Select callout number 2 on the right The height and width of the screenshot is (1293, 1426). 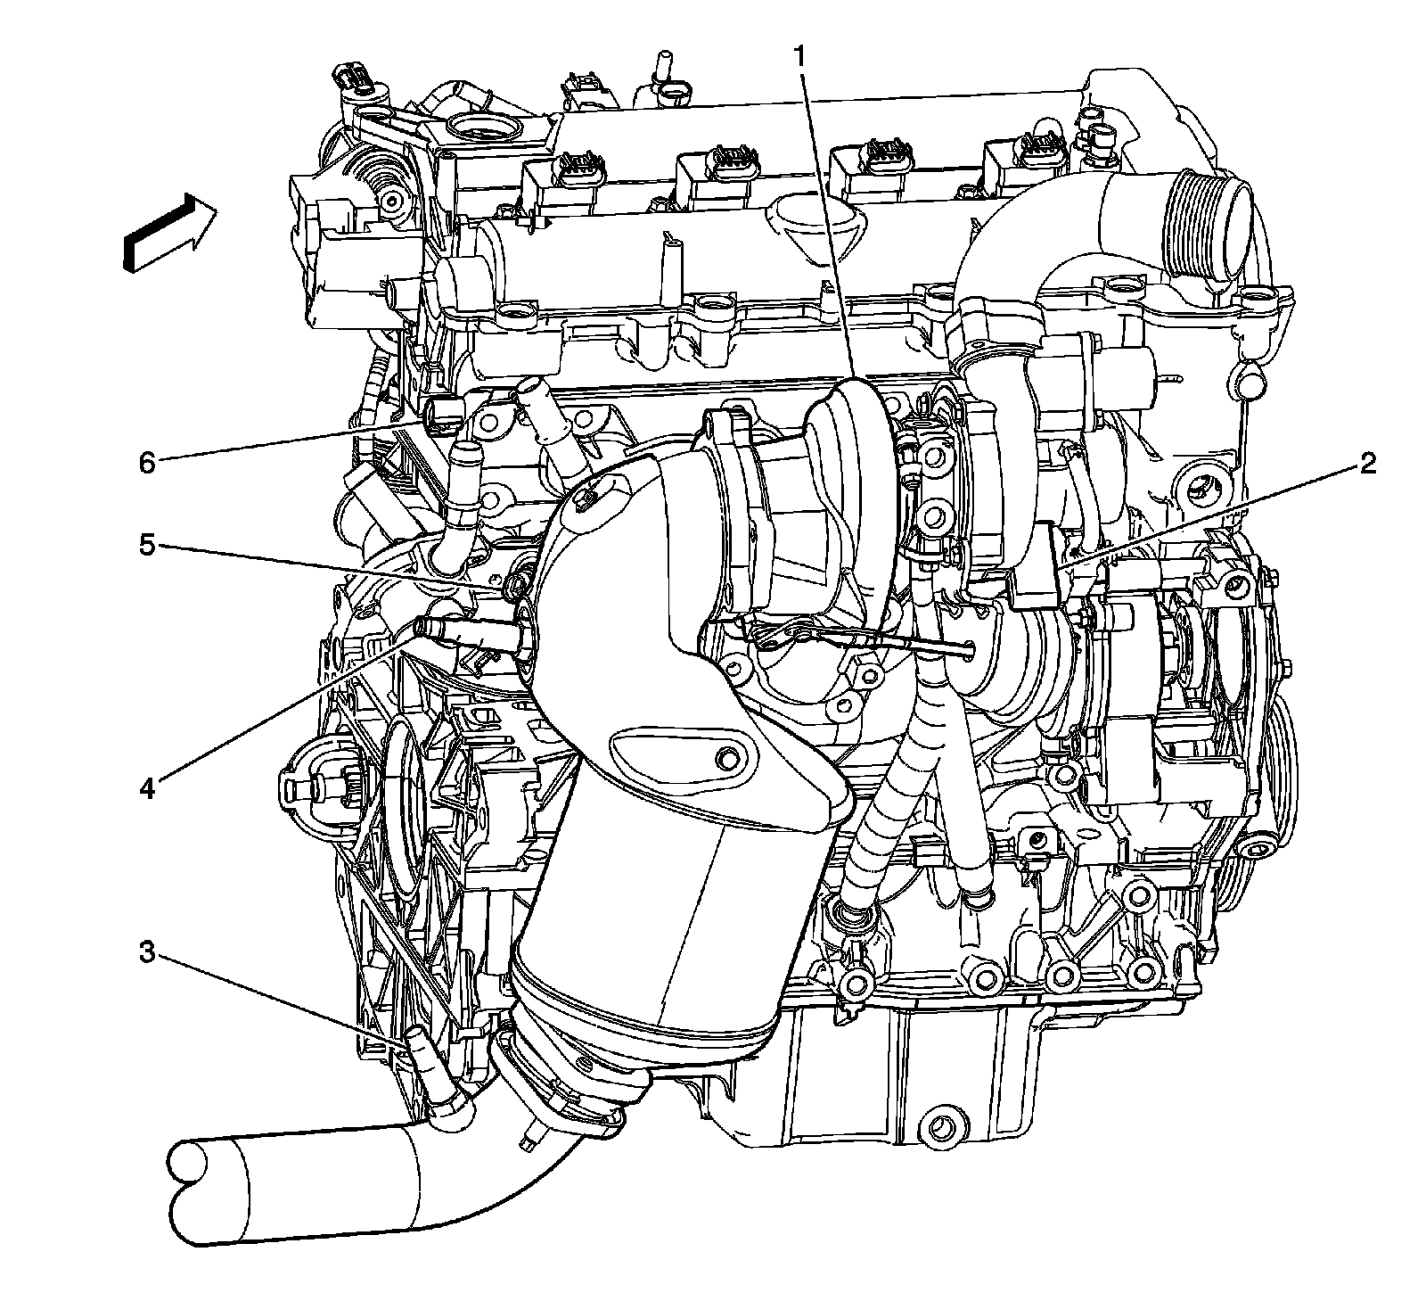click(x=1367, y=463)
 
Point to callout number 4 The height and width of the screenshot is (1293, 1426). click(x=147, y=788)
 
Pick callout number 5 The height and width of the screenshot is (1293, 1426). click(x=147, y=544)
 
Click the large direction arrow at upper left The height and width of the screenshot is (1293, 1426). click(x=170, y=233)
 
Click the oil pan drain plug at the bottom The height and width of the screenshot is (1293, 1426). click(x=940, y=1126)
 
